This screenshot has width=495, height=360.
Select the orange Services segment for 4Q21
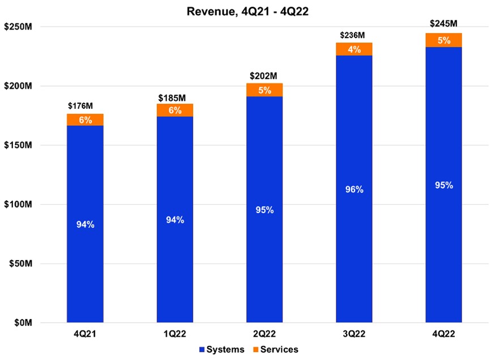[85, 120]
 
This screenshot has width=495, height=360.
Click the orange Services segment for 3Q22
[354, 49]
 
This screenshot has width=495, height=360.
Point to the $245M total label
[443, 23]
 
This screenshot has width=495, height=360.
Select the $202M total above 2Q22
[264, 75]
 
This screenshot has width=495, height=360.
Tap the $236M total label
[354, 35]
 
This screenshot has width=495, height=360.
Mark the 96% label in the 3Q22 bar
[354, 189]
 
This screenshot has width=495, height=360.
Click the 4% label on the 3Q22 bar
[354, 49]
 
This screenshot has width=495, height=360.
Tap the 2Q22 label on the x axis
[264, 334]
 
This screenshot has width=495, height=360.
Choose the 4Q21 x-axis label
[85, 334]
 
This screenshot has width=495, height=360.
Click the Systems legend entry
[223, 350]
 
